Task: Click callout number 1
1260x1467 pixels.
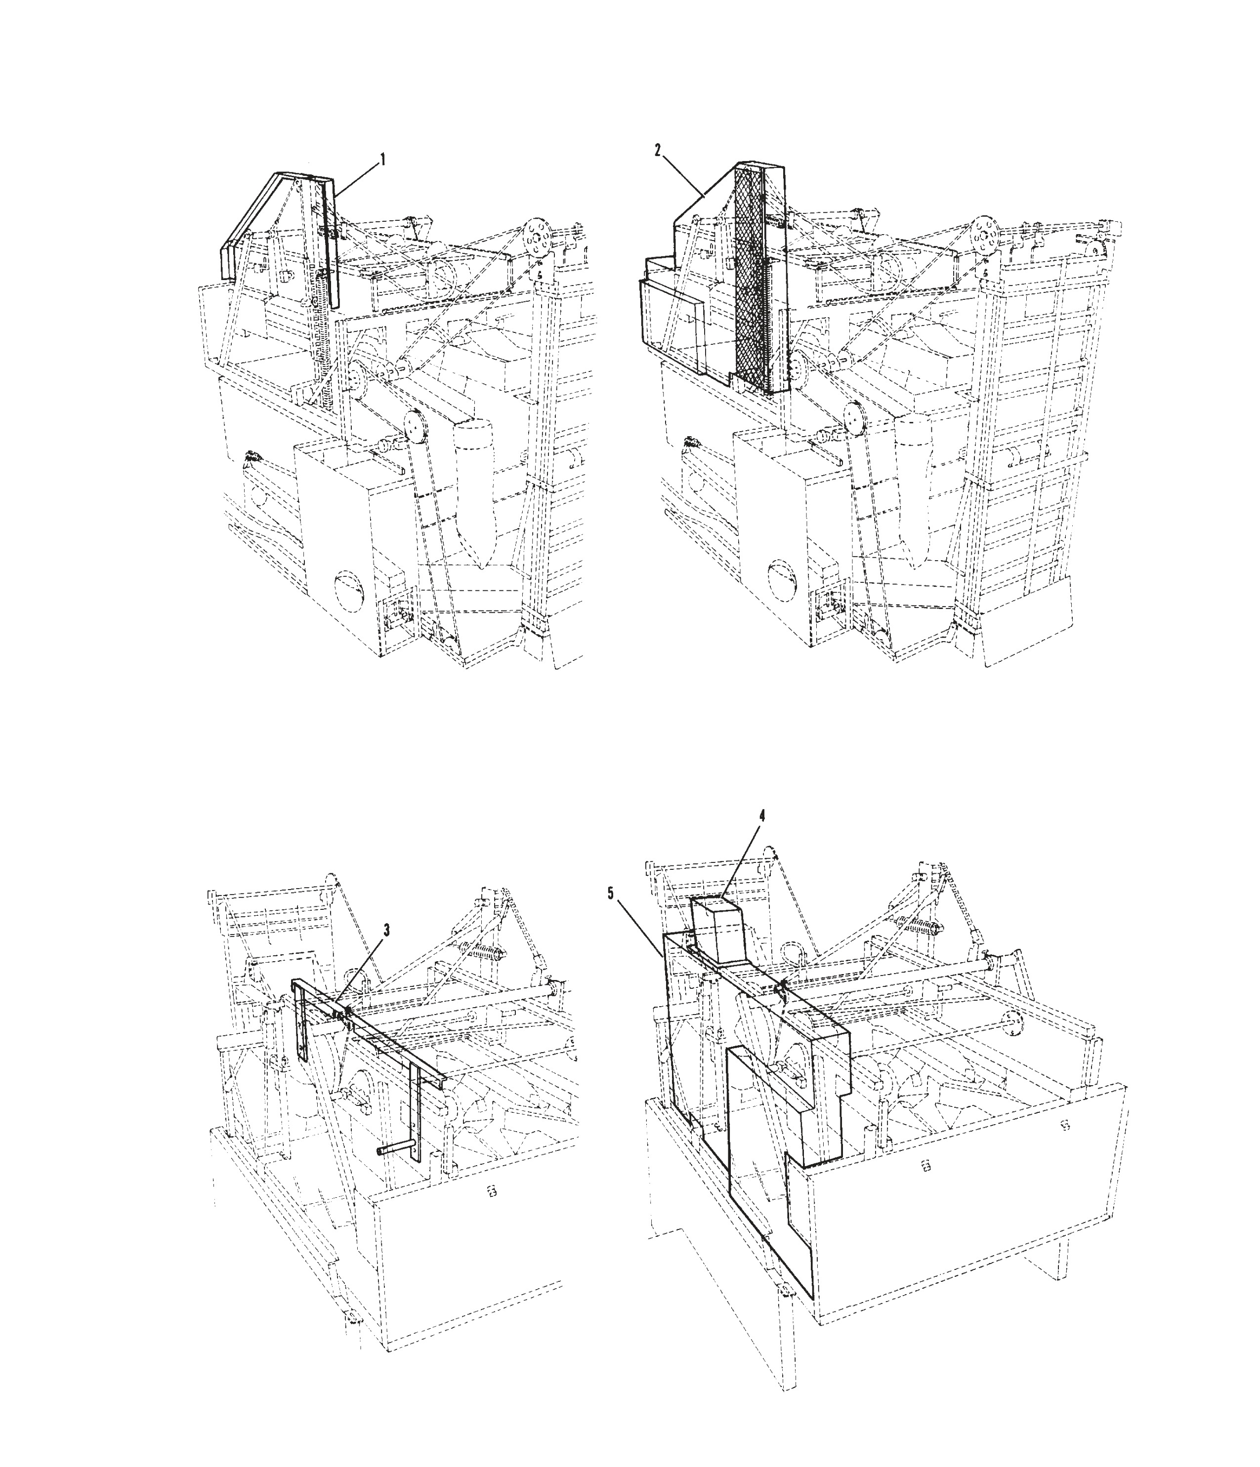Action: point(383,160)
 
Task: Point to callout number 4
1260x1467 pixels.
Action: point(761,815)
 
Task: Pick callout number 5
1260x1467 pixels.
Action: point(611,894)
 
